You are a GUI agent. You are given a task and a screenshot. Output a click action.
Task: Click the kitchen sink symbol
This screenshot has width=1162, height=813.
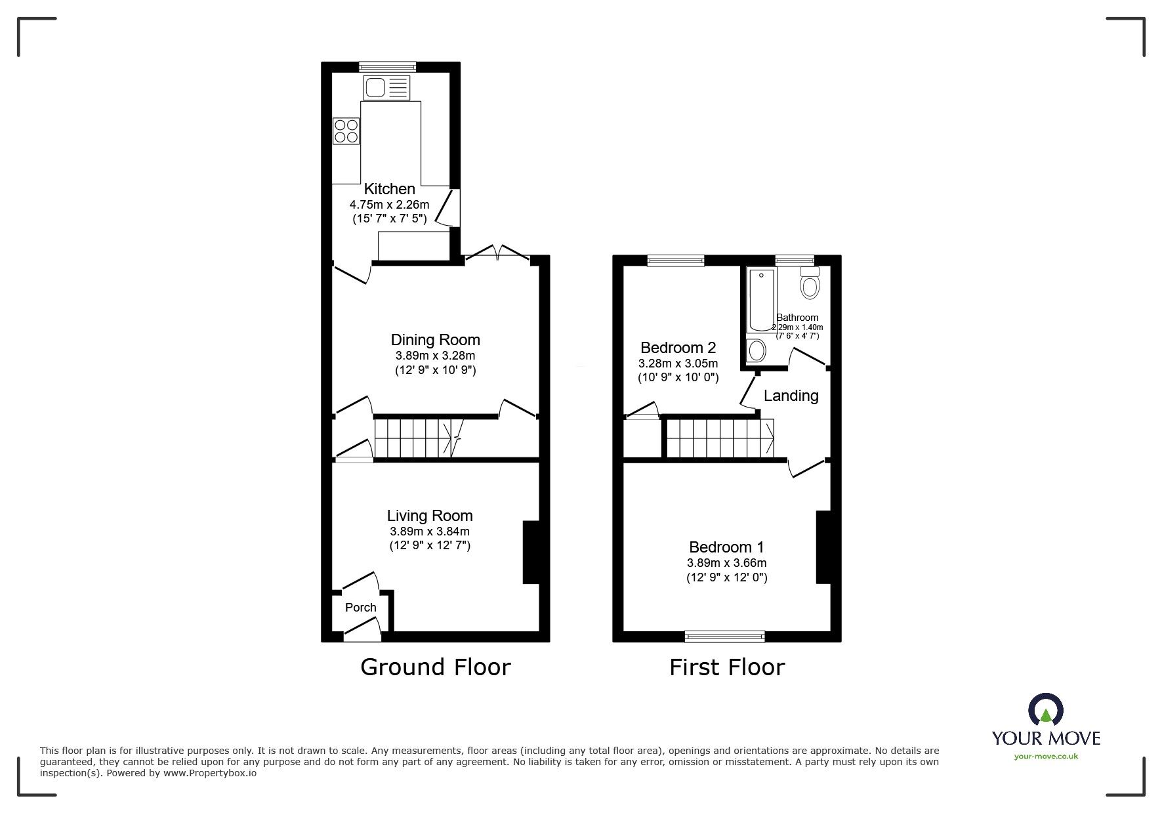(x=386, y=87)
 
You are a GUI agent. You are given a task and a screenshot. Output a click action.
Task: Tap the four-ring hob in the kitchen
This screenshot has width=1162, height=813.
(x=346, y=130)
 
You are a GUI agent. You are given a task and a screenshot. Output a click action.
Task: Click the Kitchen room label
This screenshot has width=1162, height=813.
(x=390, y=189)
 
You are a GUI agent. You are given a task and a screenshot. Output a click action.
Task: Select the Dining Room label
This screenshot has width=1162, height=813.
(x=435, y=340)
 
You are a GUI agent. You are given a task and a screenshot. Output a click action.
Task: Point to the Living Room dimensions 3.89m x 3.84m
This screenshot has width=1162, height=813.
(x=429, y=532)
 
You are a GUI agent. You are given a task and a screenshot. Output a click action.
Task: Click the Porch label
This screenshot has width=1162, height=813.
(x=360, y=608)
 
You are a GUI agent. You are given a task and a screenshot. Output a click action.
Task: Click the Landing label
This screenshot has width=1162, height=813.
(x=791, y=396)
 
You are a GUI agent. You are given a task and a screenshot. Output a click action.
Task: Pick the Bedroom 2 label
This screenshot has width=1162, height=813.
(x=678, y=348)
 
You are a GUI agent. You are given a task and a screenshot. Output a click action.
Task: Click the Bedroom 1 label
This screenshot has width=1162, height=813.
(x=726, y=547)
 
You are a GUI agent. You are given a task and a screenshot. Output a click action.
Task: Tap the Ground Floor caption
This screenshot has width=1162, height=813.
(x=435, y=667)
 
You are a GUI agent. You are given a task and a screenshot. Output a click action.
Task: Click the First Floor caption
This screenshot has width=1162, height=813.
(x=726, y=667)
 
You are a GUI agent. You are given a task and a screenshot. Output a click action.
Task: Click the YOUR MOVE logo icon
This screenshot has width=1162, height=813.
(x=1045, y=711)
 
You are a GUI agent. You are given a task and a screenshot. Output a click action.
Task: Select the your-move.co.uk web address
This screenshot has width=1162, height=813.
(x=1046, y=757)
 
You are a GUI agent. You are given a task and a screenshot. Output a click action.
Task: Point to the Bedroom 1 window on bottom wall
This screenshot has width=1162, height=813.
(x=724, y=635)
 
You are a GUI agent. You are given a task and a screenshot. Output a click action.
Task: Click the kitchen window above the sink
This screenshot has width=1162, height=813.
(x=387, y=66)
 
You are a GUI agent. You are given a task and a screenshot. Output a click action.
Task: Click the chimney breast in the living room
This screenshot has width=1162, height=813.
(x=530, y=552)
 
